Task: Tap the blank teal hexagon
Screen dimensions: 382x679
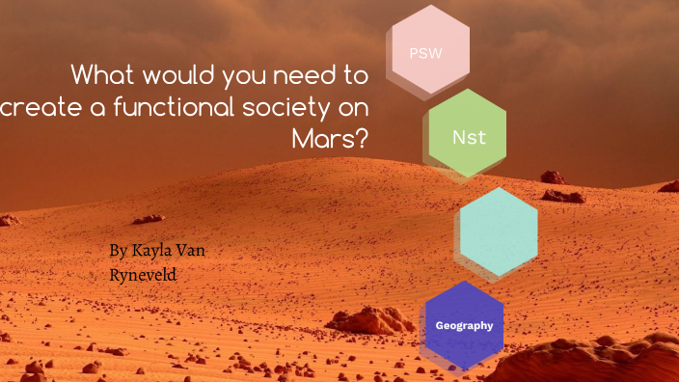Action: [499, 232]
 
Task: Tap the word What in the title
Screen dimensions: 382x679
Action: [104, 74]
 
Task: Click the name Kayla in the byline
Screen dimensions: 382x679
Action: [155, 252]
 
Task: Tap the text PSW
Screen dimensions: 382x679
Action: [425, 53]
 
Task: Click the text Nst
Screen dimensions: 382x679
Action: [469, 137]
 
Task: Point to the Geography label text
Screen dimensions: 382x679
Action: [464, 325]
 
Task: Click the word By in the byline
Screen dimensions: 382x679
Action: [118, 252]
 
